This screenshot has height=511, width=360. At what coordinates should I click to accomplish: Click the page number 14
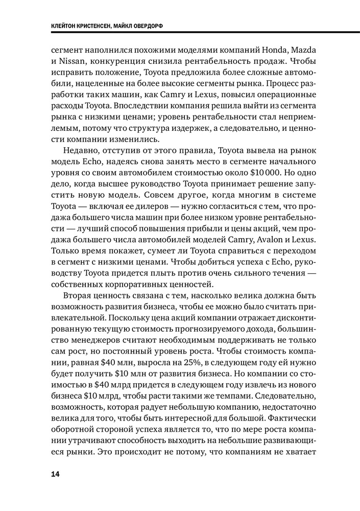click(55, 474)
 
